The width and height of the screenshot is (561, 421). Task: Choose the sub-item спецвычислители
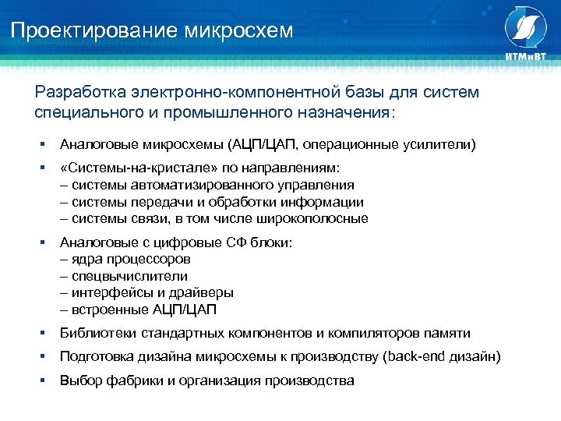pos(129,276)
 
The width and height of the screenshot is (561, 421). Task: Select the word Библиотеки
pos(98,333)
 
